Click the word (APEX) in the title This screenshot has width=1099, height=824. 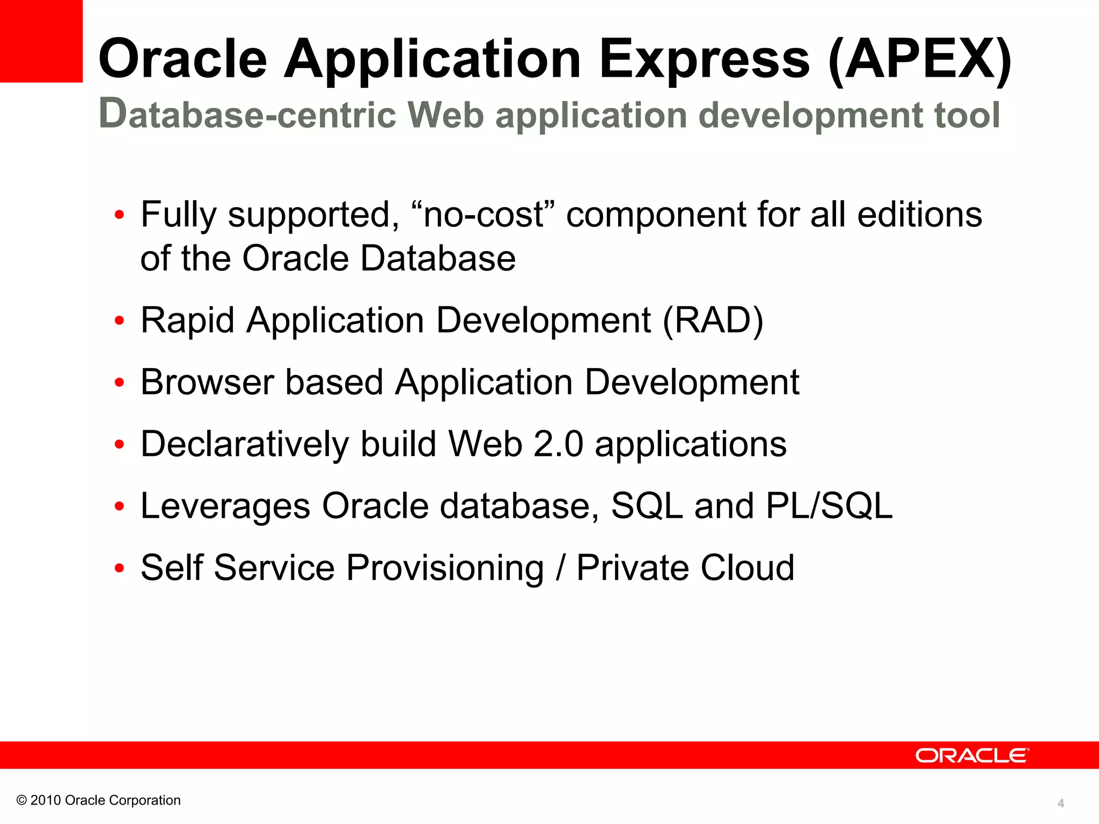click(x=920, y=59)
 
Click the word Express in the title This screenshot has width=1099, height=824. click(x=704, y=59)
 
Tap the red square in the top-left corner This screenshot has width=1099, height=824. click(x=41, y=41)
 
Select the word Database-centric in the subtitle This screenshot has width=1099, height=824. click(x=247, y=114)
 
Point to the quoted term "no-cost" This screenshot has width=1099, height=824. click(x=483, y=215)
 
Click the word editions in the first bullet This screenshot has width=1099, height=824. click(x=919, y=215)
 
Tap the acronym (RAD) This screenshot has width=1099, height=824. click(x=713, y=320)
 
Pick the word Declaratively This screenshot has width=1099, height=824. click(x=244, y=444)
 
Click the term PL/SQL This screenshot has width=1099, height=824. click(x=829, y=506)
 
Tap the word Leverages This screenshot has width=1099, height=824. click(x=225, y=506)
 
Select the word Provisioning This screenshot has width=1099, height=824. click(x=445, y=568)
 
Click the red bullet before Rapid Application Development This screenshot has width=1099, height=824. click(x=119, y=321)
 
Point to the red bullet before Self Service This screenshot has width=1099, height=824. click(x=119, y=568)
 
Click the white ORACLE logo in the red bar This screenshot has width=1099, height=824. click(x=972, y=755)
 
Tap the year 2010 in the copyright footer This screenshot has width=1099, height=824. click(x=46, y=800)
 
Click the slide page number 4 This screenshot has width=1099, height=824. click(x=1060, y=803)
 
